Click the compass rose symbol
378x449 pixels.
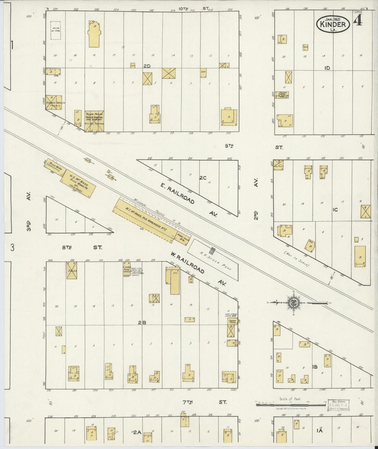click(293, 303)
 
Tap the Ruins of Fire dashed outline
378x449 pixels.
click(55, 30)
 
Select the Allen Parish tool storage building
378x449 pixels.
click(94, 121)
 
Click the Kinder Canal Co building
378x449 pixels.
click(54, 103)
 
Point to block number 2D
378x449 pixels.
click(147, 66)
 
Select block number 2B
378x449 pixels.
click(142, 323)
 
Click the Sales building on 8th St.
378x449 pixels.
click(71, 270)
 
